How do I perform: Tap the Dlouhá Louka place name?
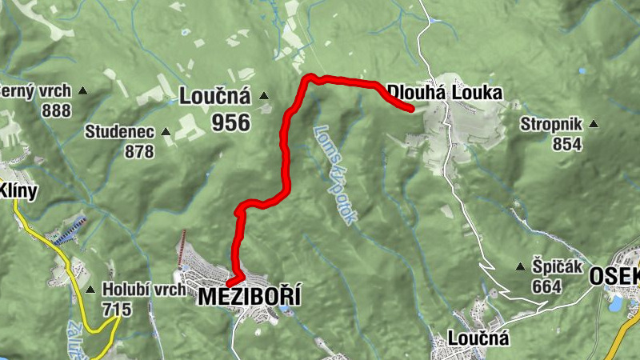(x=444, y=93)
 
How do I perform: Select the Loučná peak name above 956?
(x=214, y=98)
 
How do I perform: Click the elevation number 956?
(x=231, y=122)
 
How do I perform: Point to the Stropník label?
(x=552, y=124)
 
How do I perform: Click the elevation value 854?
(x=568, y=143)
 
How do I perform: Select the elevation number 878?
(x=139, y=150)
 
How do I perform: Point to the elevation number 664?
(x=547, y=286)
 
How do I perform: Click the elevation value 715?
(x=117, y=308)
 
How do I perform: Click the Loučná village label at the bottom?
(x=478, y=338)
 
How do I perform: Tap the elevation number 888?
(x=56, y=110)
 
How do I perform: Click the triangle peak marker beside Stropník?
(x=594, y=124)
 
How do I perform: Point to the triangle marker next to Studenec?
(x=166, y=131)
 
